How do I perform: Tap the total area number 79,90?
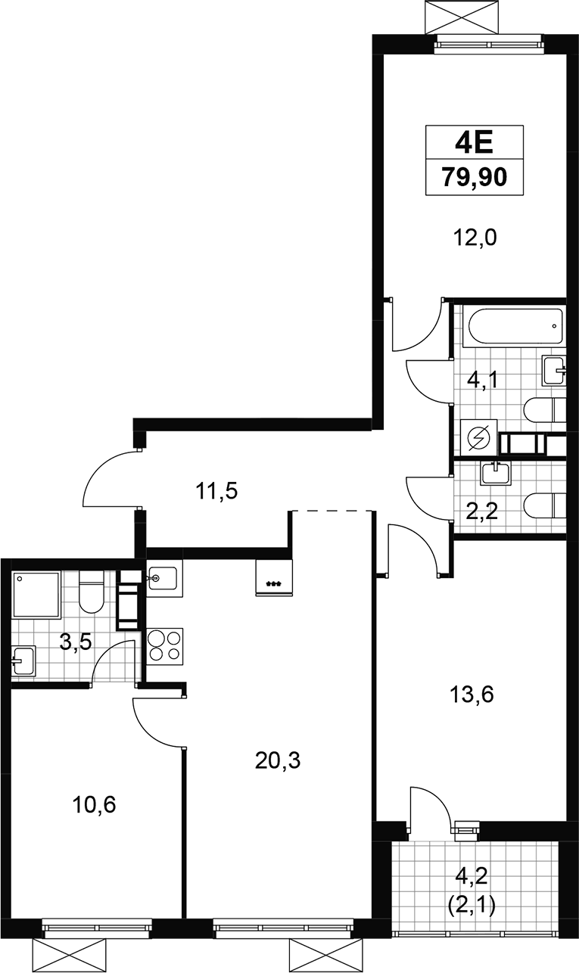[475, 177]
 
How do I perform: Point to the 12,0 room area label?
[475, 238]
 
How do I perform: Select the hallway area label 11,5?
[216, 491]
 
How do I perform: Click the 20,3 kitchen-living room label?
[278, 760]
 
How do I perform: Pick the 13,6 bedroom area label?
[471, 695]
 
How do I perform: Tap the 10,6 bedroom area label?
[94, 805]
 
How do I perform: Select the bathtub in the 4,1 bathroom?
[513, 326]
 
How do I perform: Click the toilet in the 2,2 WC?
[545, 505]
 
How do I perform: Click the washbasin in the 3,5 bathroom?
[23, 661]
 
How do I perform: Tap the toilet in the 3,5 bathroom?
[92, 591]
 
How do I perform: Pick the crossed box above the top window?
[467, 17]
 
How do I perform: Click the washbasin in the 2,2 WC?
[496, 473]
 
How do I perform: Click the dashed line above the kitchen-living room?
[332, 511]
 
